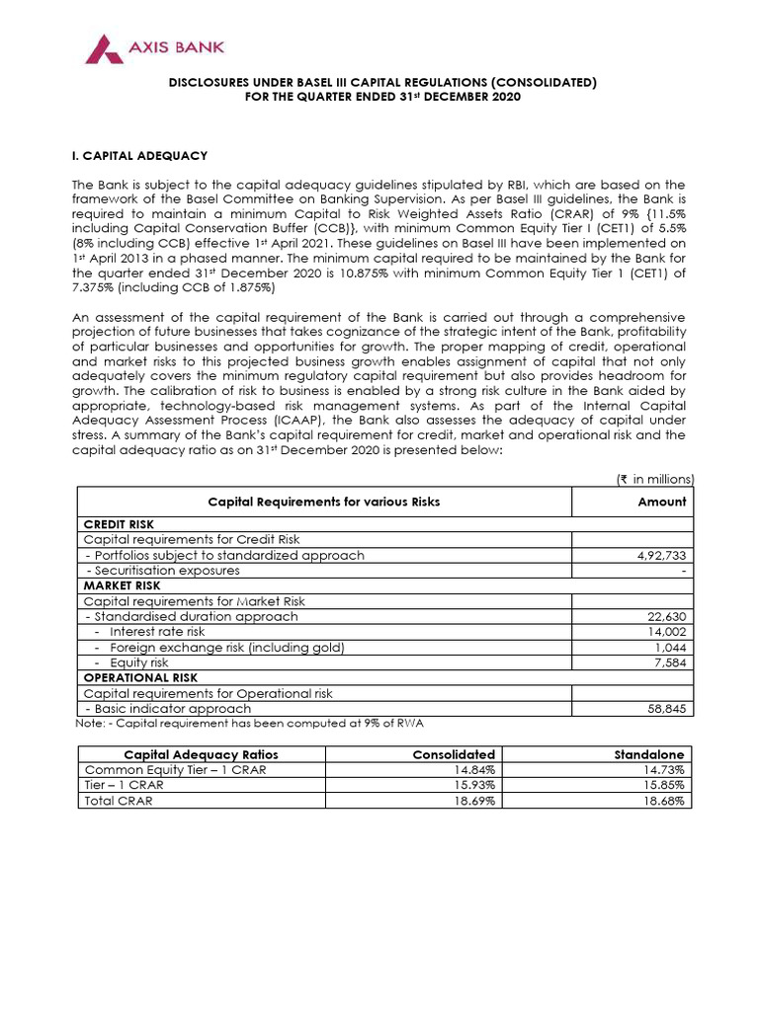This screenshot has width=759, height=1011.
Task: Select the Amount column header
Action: tap(662, 502)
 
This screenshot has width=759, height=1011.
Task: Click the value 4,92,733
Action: tap(660, 556)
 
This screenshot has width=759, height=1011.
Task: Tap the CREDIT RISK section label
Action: tap(119, 524)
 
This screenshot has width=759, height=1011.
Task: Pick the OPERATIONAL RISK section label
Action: tap(140, 678)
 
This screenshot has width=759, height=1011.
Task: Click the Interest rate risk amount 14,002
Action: tap(665, 632)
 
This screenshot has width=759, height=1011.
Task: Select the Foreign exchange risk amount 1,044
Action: tap(669, 648)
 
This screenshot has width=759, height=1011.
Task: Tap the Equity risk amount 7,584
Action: tap(669, 662)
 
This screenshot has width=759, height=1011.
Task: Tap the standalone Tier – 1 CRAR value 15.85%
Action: tap(665, 785)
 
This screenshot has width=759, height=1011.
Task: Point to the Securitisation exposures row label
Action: tap(163, 571)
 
